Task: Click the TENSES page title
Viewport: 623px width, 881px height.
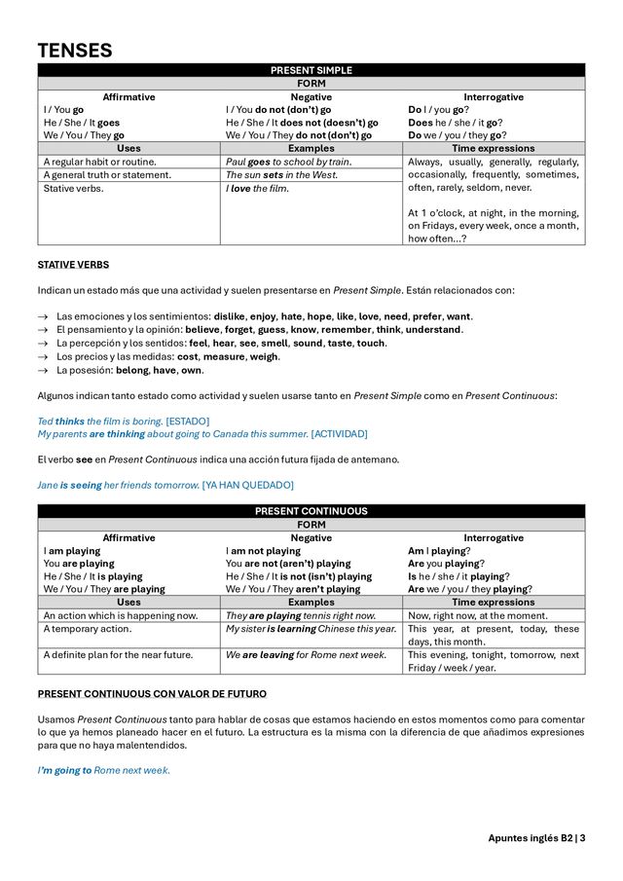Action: [75, 51]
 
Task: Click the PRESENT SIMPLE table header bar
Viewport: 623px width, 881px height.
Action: [311, 70]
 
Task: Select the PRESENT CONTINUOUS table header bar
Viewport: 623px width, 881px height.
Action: [311, 511]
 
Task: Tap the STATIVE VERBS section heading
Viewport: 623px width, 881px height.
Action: [73, 265]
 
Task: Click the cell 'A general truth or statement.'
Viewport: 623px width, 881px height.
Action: [107, 175]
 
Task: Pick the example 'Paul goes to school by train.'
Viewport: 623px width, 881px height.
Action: [288, 162]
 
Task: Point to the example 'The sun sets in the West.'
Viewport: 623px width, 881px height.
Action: [281, 175]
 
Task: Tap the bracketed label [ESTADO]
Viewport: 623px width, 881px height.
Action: [187, 421]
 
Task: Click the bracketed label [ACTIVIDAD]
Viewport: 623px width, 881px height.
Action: [339, 433]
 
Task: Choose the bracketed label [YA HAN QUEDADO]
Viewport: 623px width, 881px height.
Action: [247, 485]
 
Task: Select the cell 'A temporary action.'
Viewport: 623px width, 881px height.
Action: [89, 629]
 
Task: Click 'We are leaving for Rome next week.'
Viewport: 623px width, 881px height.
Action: [306, 655]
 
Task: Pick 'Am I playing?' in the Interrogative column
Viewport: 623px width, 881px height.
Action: [437, 551]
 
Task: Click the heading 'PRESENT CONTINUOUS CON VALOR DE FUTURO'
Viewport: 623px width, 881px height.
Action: [151, 694]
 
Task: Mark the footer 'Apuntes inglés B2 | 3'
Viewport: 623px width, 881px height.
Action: [536, 838]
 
